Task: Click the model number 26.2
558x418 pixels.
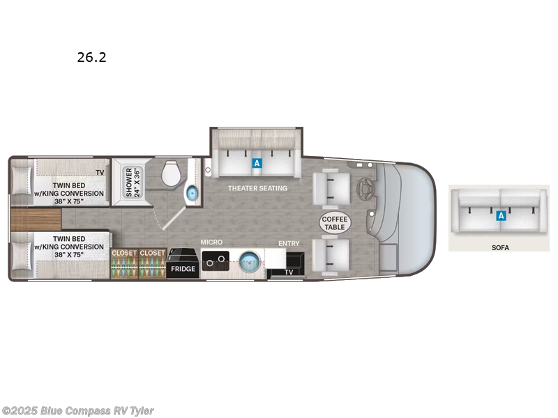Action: (x=92, y=58)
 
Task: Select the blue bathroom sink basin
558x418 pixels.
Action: (x=192, y=193)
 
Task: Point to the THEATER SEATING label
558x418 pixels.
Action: (x=257, y=188)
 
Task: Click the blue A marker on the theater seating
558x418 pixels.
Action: (x=257, y=163)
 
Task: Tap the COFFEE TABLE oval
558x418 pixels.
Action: (x=335, y=223)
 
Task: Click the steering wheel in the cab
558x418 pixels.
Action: (x=364, y=187)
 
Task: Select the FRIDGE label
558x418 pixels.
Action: (x=183, y=268)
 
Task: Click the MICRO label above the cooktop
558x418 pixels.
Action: (x=212, y=242)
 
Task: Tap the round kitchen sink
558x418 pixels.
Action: (x=249, y=263)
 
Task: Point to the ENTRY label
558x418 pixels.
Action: (x=289, y=243)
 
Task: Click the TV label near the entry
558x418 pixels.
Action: (x=288, y=272)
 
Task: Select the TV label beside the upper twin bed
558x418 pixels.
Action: (x=100, y=172)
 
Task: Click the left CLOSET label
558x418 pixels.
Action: (x=124, y=253)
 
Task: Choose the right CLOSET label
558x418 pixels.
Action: (x=152, y=253)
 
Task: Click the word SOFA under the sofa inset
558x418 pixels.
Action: (x=499, y=247)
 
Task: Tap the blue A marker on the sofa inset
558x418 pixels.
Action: (x=500, y=216)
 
